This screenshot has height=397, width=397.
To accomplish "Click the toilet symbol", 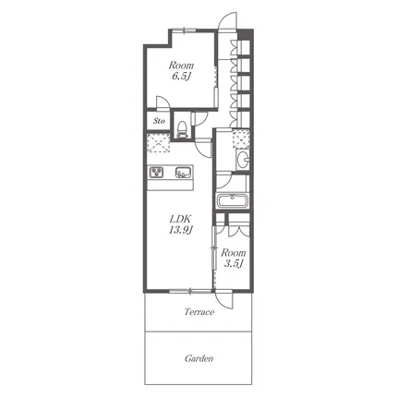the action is (x=182, y=129).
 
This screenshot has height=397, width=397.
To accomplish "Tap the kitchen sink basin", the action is (x=184, y=173).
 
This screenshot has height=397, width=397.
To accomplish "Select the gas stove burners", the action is (x=157, y=173).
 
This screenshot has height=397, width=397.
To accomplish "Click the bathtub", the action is (x=233, y=201).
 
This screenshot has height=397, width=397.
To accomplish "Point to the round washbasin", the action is (x=243, y=160).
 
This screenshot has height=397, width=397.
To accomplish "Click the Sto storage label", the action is (x=159, y=121).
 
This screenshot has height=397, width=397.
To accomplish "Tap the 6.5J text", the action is (x=180, y=76).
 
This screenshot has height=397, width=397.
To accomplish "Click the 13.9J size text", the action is (x=180, y=230).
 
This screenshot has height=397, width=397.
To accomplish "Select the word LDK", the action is (x=181, y=219).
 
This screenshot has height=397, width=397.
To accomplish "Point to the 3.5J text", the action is (x=234, y=263).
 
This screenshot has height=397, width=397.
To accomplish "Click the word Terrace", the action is (x=199, y=312).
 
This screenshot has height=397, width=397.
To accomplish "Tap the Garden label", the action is (x=198, y=358).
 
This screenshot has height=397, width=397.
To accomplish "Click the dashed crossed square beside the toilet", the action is (x=158, y=142).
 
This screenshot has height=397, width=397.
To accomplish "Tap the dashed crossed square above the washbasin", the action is (x=241, y=139).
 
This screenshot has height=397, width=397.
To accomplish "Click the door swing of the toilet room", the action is (x=201, y=119).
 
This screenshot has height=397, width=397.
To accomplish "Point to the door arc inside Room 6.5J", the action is (x=163, y=103).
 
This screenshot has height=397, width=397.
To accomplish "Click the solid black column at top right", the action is (x=245, y=34).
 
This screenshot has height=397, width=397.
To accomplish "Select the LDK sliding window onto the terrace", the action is (x=190, y=290).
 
